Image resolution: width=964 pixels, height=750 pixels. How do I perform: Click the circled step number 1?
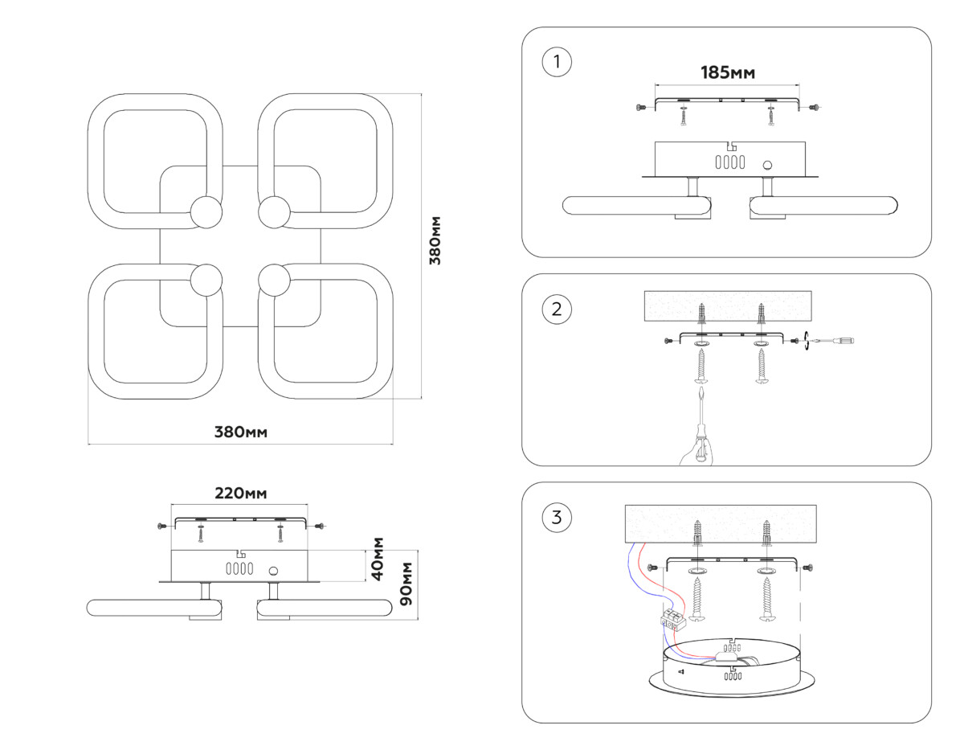[x=557, y=63]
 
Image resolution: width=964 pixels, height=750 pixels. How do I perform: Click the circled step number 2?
[x=557, y=309]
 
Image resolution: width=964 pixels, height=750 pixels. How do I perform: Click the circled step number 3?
[x=557, y=517]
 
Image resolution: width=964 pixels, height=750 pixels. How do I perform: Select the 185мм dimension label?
[x=728, y=73]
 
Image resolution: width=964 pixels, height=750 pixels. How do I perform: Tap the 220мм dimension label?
[x=240, y=493]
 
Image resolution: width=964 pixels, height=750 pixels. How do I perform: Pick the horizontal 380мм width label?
[x=240, y=432]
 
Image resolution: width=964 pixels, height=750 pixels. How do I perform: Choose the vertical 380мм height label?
[x=435, y=241]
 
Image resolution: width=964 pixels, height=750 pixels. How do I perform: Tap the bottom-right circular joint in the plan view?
[x=274, y=281]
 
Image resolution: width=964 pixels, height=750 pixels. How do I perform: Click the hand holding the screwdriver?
[x=696, y=451]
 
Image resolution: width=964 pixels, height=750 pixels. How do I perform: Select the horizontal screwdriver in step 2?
[x=835, y=341]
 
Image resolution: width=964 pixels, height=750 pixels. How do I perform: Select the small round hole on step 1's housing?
[x=767, y=166]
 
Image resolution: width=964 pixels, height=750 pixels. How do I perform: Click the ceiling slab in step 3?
[x=721, y=523]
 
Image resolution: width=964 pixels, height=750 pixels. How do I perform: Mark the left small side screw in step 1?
[x=640, y=108]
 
